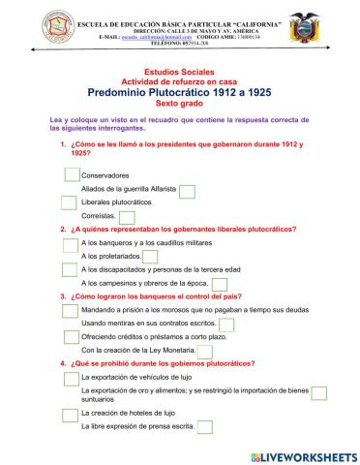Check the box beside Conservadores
point(72,175)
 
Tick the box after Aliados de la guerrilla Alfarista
point(188,191)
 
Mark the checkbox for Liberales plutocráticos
point(69,203)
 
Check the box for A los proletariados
point(149,256)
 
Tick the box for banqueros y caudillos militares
point(69,242)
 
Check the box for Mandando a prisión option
point(69,310)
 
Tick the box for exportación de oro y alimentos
point(319,392)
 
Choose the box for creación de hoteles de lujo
point(69,414)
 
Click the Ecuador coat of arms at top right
point(328,24)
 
